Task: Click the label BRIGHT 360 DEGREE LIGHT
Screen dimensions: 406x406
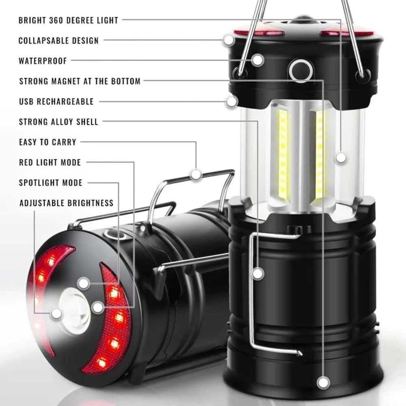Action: click(x=68, y=20)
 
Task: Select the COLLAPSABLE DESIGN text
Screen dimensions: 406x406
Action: click(x=58, y=41)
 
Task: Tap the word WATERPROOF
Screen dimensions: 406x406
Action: click(x=43, y=61)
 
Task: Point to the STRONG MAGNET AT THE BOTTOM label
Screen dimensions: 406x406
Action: click(x=80, y=81)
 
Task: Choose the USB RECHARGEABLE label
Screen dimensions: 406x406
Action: click(x=56, y=101)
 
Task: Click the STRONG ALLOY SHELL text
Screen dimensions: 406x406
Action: click(x=58, y=122)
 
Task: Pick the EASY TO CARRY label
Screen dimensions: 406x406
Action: click(x=48, y=142)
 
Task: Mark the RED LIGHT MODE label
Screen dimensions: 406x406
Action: click(x=50, y=162)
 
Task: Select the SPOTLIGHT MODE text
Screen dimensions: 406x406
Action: click(x=51, y=183)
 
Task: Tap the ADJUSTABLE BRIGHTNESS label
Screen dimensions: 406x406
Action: click(x=66, y=203)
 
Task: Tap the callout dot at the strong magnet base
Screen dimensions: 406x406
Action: click(x=323, y=382)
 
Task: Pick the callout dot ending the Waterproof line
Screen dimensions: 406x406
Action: click(x=257, y=60)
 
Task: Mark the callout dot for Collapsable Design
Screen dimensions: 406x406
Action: click(x=229, y=40)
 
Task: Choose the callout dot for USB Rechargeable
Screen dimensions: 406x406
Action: click(x=232, y=101)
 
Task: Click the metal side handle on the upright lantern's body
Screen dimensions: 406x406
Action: click(x=253, y=292)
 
